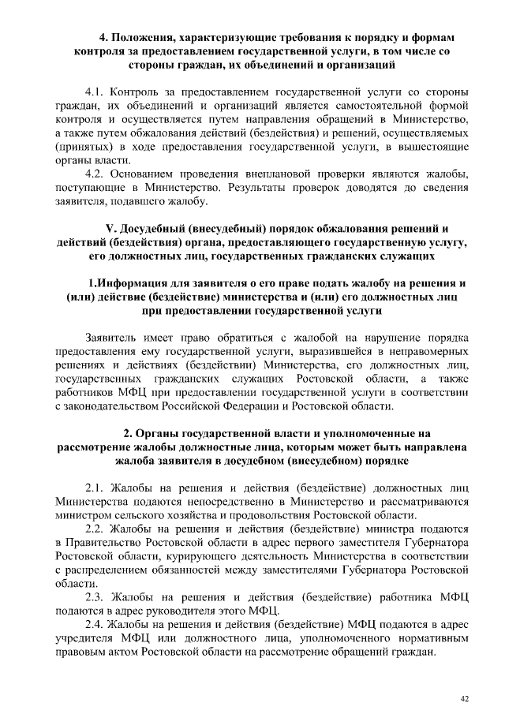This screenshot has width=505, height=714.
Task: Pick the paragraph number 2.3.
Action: coord(95,597)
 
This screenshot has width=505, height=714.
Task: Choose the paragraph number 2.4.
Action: coord(95,624)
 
